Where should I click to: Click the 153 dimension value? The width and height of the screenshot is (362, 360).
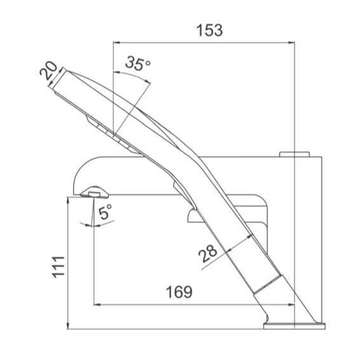pyautogui.click(x=210, y=30)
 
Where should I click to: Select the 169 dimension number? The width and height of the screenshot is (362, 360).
pyautogui.click(x=179, y=291)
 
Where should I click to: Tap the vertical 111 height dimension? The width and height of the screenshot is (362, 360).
pyautogui.click(x=58, y=267)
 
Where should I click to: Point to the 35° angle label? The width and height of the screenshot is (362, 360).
pyautogui.click(x=138, y=63)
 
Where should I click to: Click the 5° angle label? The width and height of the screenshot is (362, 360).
pyautogui.click(x=105, y=211)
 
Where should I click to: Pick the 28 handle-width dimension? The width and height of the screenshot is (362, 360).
pyautogui.click(x=208, y=253)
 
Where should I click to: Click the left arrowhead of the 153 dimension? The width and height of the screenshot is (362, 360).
pyautogui.click(x=116, y=43)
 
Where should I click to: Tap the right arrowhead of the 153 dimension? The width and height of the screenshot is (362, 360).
pyautogui.click(x=292, y=43)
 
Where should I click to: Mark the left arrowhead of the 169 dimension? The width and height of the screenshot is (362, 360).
pyautogui.click(x=97, y=305)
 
